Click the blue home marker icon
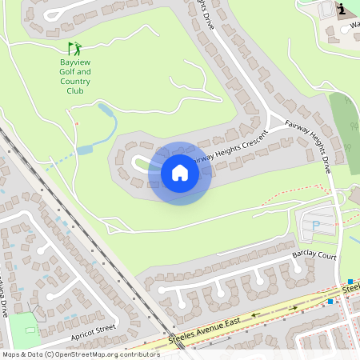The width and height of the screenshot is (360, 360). (x=180, y=173)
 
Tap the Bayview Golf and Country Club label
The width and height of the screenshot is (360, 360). (x=75, y=76)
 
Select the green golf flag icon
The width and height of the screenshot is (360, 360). (x=73, y=48)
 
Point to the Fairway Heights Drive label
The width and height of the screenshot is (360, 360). (x=309, y=148)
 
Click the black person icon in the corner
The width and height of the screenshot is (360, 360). (x=342, y=9)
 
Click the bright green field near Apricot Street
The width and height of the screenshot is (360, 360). (x=25, y=330)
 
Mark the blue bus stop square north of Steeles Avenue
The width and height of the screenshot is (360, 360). (x=350, y=282)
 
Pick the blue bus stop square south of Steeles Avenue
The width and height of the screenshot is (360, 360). (x=330, y=302)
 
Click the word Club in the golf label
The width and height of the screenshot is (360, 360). (x=74, y=91)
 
